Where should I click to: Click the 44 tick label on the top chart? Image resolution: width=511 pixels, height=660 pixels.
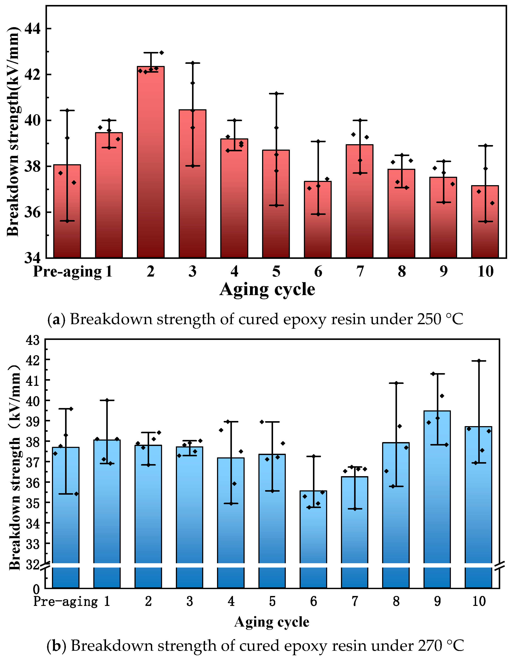32,29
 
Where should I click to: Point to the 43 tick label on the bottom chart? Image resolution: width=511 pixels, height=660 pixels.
33,340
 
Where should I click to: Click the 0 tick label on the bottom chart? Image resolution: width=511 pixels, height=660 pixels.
36,589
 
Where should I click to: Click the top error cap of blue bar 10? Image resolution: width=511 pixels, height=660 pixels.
479,361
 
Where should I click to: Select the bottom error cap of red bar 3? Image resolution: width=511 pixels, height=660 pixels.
192,166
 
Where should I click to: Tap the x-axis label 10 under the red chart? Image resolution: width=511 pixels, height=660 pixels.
485,271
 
